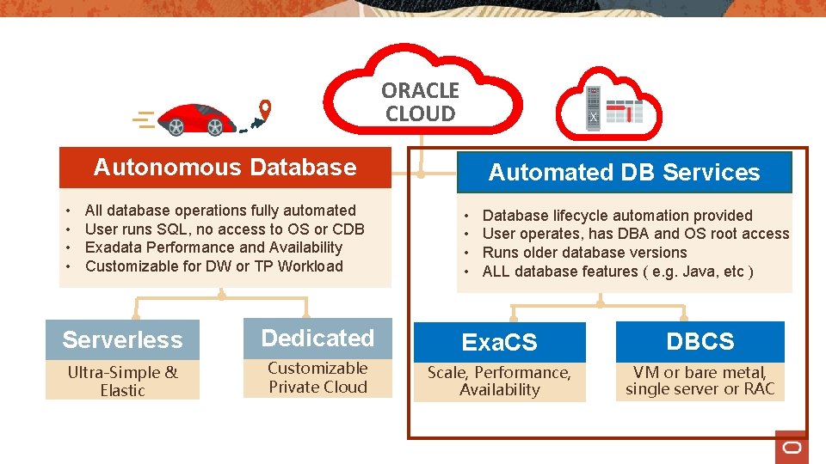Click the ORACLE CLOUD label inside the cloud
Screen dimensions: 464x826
tap(420, 102)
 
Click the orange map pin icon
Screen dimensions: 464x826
tap(265, 108)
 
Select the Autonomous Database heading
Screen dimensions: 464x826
tap(225, 168)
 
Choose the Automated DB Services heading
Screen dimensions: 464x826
tap(624, 172)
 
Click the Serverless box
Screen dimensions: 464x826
tap(122, 340)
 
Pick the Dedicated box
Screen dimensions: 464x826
tap(317, 339)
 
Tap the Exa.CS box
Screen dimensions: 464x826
tap(499, 342)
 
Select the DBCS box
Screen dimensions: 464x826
tap(700, 341)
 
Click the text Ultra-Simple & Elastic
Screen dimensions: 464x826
tap(122, 381)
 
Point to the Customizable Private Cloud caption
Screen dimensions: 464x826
tap(317, 377)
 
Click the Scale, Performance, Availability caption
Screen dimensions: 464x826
tap(499, 381)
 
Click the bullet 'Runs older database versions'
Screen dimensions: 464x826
tap(584, 253)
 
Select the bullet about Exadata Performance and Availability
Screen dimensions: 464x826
tap(213, 247)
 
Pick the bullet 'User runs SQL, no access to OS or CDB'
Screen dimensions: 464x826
tap(225, 229)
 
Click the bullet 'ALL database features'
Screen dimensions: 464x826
tap(618, 272)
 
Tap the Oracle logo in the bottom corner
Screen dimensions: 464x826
tap(792, 448)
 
